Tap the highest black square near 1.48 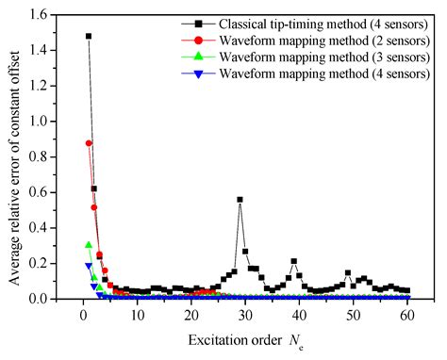pos(89,37)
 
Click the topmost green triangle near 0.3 pos(89,245)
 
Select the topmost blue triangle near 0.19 pos(89,266)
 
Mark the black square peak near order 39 pos(293,261)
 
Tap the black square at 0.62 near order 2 pos(94,188)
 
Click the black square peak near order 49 pos(348,273)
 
